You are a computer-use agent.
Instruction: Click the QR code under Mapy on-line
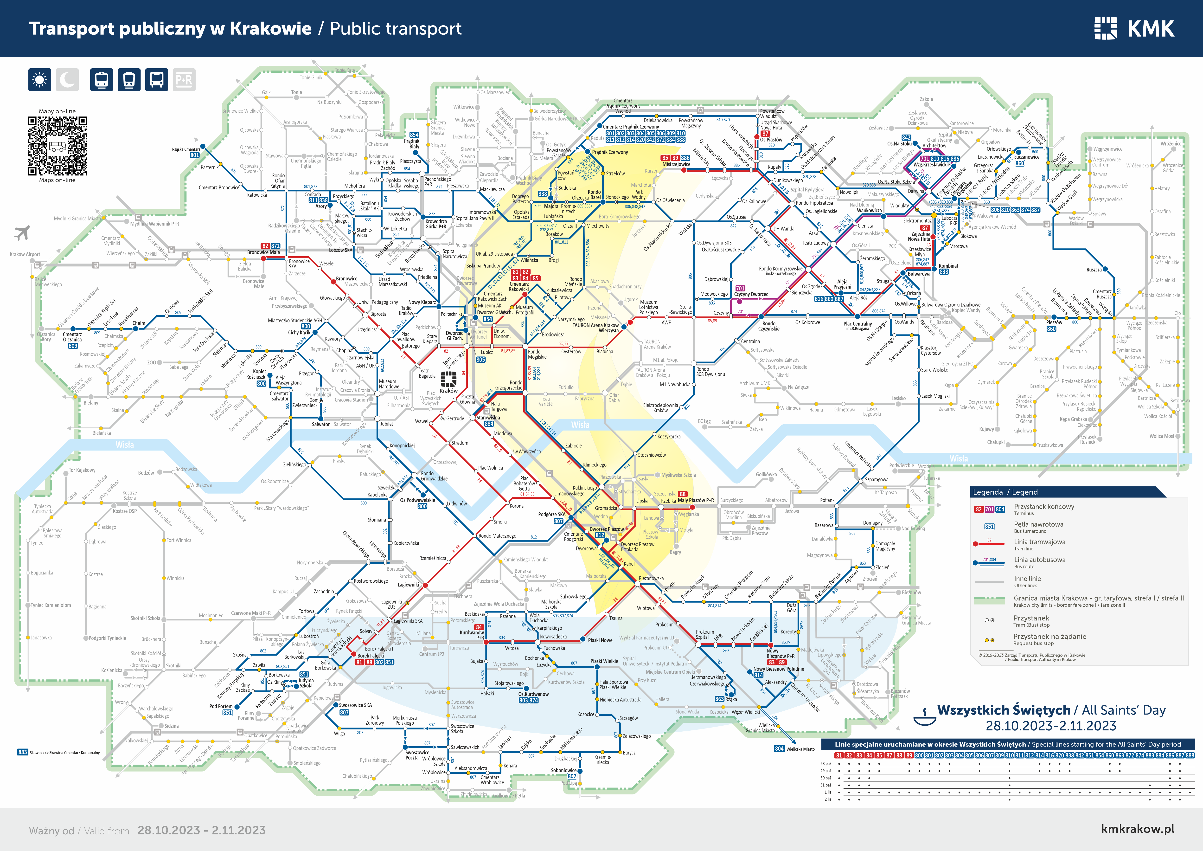tap(57, 146)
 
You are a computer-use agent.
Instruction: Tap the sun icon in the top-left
tap(40, 80)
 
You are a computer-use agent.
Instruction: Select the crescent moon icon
tap(67, 80)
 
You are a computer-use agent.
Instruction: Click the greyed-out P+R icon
tap(184, 80)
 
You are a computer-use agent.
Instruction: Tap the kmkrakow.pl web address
tap(1137, 829)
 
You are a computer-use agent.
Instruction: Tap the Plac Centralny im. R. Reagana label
tap(858, 325)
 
